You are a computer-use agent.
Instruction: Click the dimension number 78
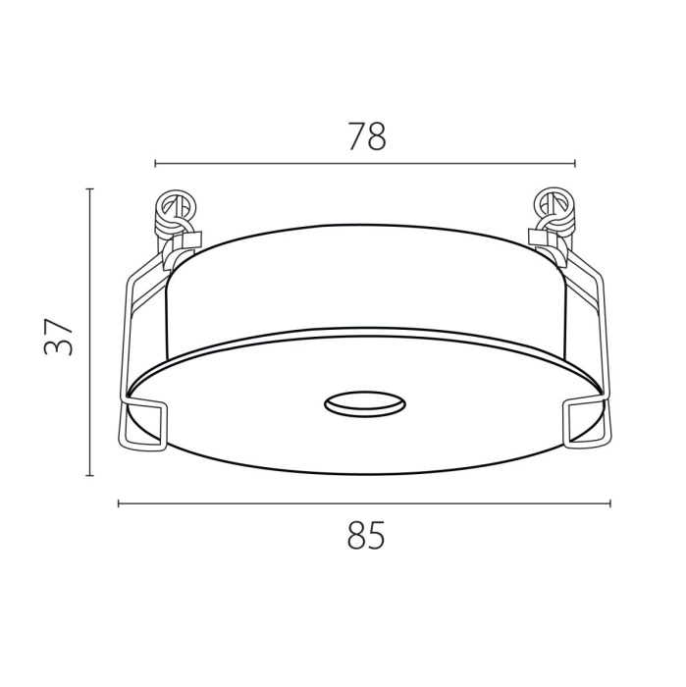(x=367, y=136)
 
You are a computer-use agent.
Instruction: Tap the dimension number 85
(x=366, y=535)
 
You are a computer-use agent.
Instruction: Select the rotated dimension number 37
(x=58, y=337)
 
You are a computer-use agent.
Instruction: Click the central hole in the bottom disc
(x=365, y=403)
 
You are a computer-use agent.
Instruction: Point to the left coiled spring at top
(x=176, y=209)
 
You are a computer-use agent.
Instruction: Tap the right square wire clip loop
(x=586, y=423)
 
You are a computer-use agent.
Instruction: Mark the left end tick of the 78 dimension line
(x=155, y=164)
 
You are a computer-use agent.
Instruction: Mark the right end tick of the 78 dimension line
(x=575, y=164)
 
